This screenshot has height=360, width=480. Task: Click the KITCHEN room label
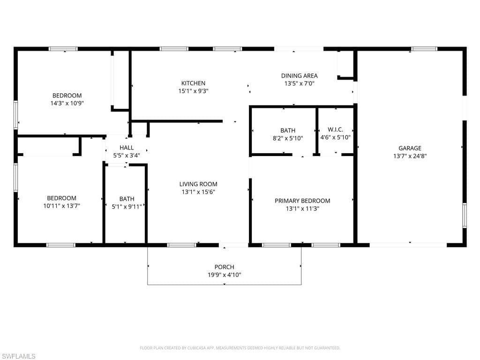[x=194, y=83]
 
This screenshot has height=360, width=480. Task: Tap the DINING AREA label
[x=299, y=75]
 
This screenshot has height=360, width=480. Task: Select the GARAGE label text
[x=410, y=148]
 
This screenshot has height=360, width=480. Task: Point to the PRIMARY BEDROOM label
[x=302, y=201]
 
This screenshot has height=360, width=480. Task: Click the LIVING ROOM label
[x=198, y=184]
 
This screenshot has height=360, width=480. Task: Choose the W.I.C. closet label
[x=335, y=130]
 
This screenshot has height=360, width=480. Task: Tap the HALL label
[x=127, y=148]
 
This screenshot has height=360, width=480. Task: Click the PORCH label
[x=224, y=267]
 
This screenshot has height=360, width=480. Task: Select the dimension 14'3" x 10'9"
[x=67, y=103]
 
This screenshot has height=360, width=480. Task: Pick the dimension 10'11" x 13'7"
[x=61, y=206]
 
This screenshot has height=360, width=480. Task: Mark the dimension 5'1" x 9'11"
[x=127, y=206]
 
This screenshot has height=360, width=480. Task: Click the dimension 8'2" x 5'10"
[x=288, y=138]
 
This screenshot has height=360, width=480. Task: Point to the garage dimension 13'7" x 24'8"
[x=410, y=156]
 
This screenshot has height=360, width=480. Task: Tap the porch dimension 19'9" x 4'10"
[x=224, y=275]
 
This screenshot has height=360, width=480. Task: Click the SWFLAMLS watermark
[x=18, y=356]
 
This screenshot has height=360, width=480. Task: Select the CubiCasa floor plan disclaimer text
[x=240, y=348]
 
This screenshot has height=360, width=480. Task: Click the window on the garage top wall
[x=424, y=49]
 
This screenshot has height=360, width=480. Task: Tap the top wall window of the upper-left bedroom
[x=63, y=49]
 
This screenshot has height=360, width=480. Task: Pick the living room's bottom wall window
[x=181, y=245]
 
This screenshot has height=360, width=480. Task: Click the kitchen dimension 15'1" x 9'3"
[x=194, y=91]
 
